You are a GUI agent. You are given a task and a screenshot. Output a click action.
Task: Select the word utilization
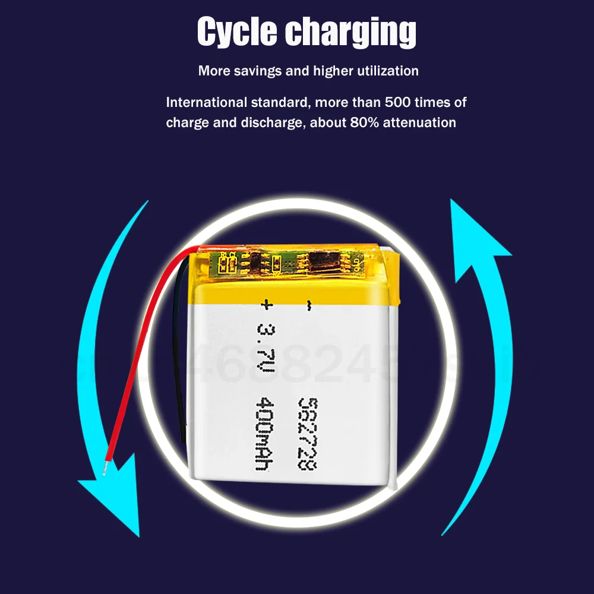tap(387, 71)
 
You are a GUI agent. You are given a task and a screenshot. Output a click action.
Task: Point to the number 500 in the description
tap(398, 102)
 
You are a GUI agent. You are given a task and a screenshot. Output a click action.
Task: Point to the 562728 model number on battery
tap(307, 433)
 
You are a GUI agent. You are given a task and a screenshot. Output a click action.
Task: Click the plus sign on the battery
tap(266, 305)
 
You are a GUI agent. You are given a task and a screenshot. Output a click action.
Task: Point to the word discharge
tap(266, 123)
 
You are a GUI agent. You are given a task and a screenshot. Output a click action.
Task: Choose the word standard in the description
tap(279, 102)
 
